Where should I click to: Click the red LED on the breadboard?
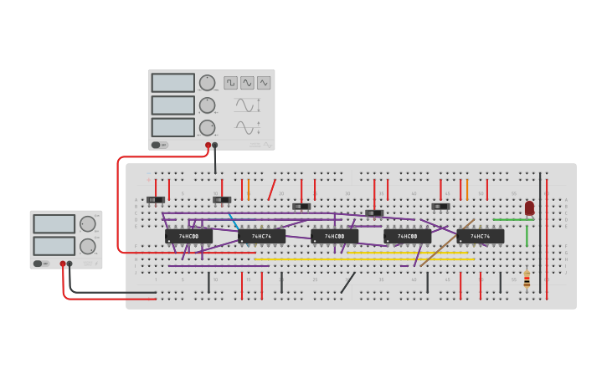click(x=529, y=207)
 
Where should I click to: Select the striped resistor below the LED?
click(x=527, y=279)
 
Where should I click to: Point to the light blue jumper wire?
click(x=234, y=221)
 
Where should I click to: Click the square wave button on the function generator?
click(x=230, y=83)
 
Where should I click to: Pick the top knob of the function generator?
click(x=207, y=83)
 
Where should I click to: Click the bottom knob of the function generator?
click(x=207, y=128)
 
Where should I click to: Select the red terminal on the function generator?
click(x=208, y=145)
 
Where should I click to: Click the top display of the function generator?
click(x=172, y=83)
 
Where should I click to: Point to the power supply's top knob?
click(x=87, y=223)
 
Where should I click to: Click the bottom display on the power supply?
click(x=54, y=246)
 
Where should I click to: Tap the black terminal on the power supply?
click(x=69, y=264)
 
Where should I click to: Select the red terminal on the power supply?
click(x=62, y=264)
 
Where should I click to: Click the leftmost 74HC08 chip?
click(x=188, y=236)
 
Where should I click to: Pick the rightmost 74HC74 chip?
click(x=481, y=236)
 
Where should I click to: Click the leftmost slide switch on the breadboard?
click(x=156, y=200)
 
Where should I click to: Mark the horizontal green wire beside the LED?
click(x=512, y=220)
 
